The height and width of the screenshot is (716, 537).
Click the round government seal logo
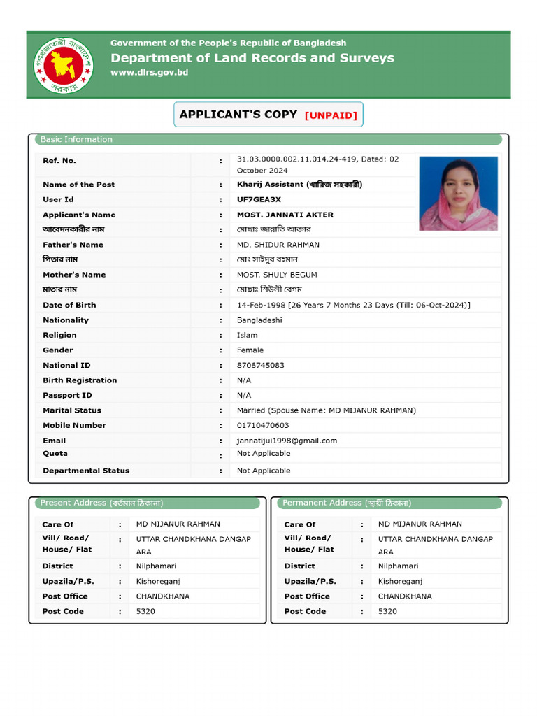tap(64, 64)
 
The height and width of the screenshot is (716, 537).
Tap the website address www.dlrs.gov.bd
tap(149, 73)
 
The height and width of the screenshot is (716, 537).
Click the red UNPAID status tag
tap(331, 115)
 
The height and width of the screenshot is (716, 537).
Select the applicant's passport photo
tap(458, 194)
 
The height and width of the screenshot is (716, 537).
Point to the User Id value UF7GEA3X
tap(259, 200)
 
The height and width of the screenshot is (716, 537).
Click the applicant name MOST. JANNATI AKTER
tap(285, 215)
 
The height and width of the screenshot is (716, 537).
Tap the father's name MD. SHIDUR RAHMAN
tap(278, 245)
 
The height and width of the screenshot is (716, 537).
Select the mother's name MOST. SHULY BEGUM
tap(277, 275)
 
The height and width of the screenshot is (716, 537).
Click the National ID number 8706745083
tap(261, 365)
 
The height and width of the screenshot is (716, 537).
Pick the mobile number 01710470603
tap(263, 425)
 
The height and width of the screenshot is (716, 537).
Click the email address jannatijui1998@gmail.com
tap(287, 441)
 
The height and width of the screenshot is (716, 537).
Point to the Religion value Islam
tap(247, 335)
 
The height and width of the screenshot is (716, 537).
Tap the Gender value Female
tap(250, 350)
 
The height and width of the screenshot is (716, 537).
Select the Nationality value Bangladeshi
tap(259, 320)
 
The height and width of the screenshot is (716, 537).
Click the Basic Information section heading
tap(76, 139)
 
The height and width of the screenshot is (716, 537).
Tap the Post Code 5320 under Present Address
tap(145, 611)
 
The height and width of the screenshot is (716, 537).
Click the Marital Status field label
tap(72, 410)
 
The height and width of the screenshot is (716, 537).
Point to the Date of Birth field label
tap(69, 305)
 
